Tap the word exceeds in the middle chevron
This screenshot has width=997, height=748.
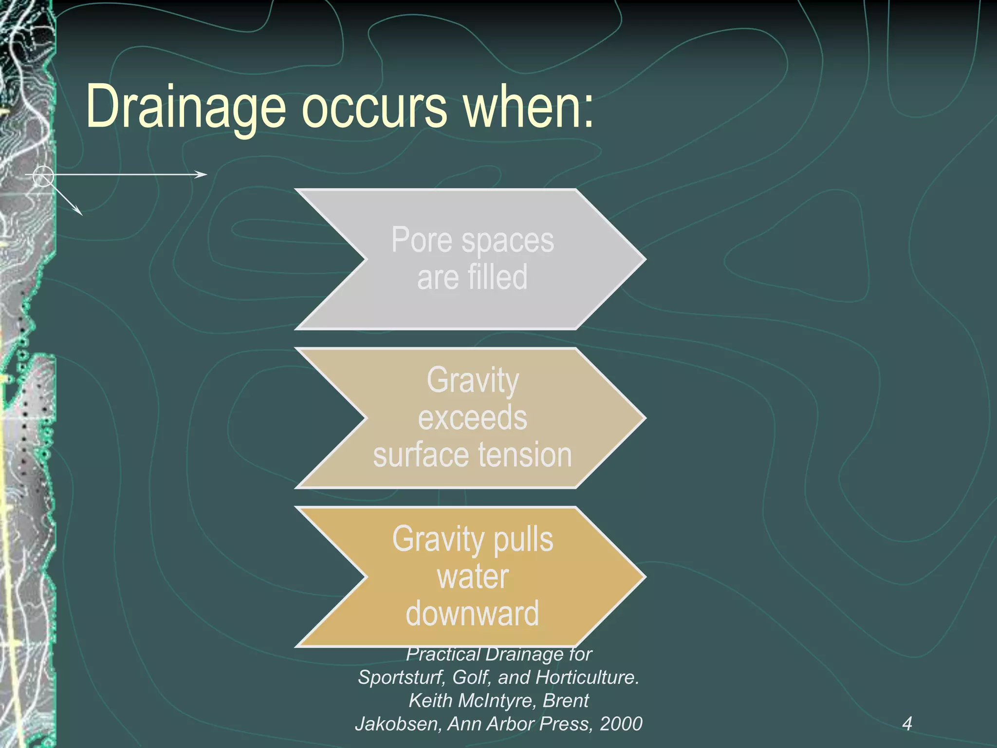pyautogui.click(x=472, y=418)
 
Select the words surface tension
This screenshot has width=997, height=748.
pyautogui.click(x=472, y=455)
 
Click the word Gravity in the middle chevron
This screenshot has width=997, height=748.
pyautogui.click(x=472, y=380)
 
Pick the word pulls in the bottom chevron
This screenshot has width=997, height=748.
pyautogui.click(x=523, y=539)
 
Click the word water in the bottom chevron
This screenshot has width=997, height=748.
pyautogui.click(x=472, y=577)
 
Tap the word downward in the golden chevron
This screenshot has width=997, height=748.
pyautogui.click(x=472, y=614)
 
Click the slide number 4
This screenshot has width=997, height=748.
pyautogui.click(x=907, y=724)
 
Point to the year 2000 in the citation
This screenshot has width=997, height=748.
pyautogui.click(x=621, y=724)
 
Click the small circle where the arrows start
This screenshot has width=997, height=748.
pyautogui.click(x=43, y=176)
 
